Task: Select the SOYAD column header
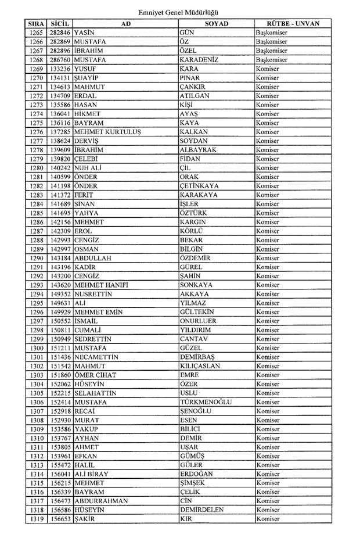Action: [x=216, y=23]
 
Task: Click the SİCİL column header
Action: [x=60, y=23]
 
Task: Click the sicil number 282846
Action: [x=60, y=33]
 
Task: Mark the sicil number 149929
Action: [x=60, y=312]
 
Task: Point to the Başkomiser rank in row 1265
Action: [x=272, y=33]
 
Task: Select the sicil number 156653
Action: [x=60, y=519]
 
